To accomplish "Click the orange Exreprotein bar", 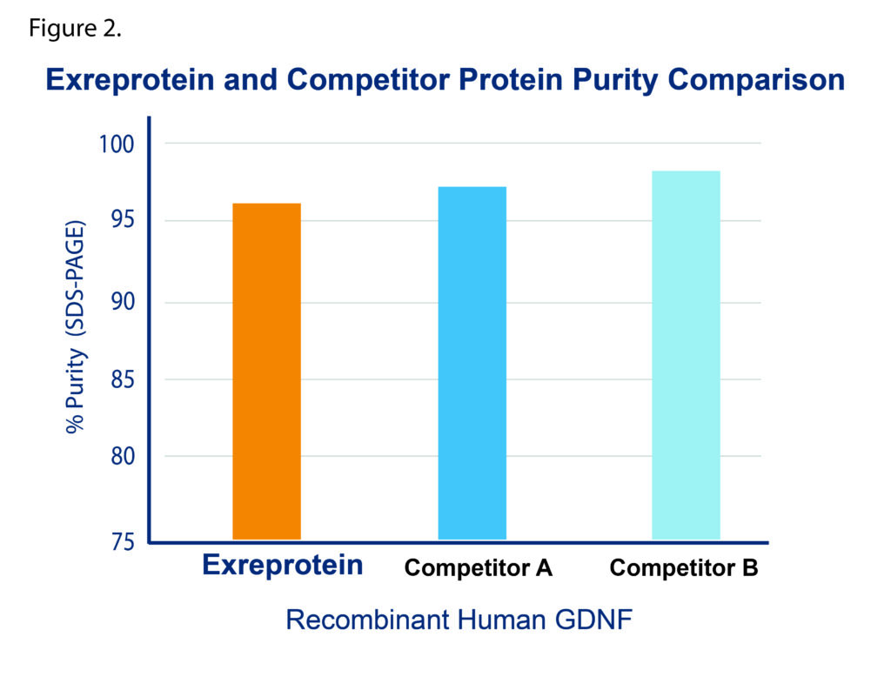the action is (x=266, y=372).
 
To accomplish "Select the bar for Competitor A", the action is (x=472, y=363).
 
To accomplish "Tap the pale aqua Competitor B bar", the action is (x=686, y=355).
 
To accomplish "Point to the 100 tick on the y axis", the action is (x=117, y=144).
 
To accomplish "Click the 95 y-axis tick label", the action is (x=122, y=220).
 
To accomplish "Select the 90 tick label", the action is (x=122, y=301).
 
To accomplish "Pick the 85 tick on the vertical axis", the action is (x=122, y=379).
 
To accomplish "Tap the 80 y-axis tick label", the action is (x=122, y=456).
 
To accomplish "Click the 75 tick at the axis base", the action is (x=122, y=542).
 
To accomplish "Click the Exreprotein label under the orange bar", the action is (x=283, y=565).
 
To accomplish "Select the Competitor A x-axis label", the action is (x=478, y=567).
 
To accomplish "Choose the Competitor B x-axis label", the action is (x=684, y=567).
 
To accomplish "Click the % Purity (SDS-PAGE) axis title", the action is (x=75, y=327).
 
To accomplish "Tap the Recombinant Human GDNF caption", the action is (x=459, y=619).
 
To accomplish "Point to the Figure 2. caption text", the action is (x=75, y=28).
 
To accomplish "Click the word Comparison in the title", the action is (x=756, y=79).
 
